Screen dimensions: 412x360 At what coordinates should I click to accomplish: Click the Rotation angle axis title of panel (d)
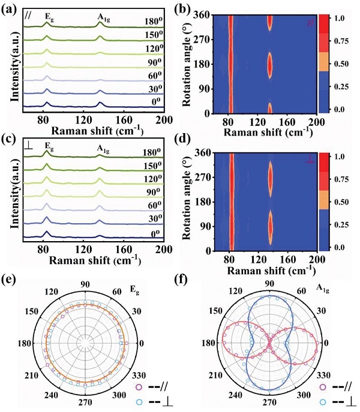[188, 200]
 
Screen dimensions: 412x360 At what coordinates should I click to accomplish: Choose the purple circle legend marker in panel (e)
[139, 388]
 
